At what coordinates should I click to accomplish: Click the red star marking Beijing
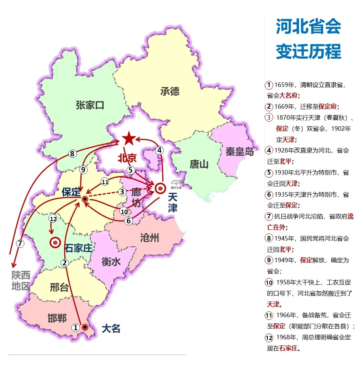pyautogui.click(x=129, y=138)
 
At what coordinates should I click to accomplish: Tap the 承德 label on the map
pyautogui.click(x=170, y=91)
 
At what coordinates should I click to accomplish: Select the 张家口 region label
pyautogui.click(x=90, y=105)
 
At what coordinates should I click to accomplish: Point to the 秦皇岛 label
pyautogui.click(x=240, y=151)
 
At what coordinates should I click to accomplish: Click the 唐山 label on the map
pyautogui.click(x=199, y=164)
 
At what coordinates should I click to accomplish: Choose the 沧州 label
pyautogui.click(x=149, y=239)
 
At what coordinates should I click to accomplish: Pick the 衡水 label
pyautogui.click(x=111, y=262)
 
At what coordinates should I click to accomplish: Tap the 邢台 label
pyautogui.click(x=59, y=287)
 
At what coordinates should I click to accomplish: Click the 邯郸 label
pyautogui.click(x=58, y=318)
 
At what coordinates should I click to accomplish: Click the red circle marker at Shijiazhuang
pyautogui.click(x=56, y=242)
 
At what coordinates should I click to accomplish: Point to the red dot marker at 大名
pyautogui.click(x=85, y=327)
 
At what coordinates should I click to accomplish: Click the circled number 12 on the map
pyautogui.click(x=53, y=218)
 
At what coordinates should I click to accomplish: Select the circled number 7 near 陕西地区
pyautogui.click(x=20, y=243)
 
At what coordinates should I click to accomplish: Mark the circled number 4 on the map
pyautogui.click(x=160, y=151)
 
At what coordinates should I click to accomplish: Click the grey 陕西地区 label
pyautogui.click(x=21, y=281)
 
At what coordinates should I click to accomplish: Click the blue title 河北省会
pyautogui.click(x=308, y=27)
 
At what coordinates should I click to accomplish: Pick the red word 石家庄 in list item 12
pyautogui.click(x=288, y=348)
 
